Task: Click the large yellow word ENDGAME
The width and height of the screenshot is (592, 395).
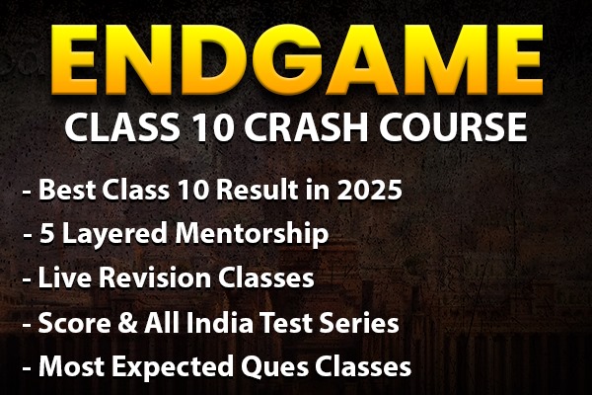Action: pyautogui.click(x=295, y=60)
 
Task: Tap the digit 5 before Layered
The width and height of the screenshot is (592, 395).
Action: pyautogui.click(x=45, y=236)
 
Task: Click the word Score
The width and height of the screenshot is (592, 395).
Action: pyautogui.click(x=69, y=322)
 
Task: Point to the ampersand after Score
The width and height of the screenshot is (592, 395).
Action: pyautogui.click(x=117, y=322)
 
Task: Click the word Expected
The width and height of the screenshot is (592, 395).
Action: pyautogui.click(x=162, y=367)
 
